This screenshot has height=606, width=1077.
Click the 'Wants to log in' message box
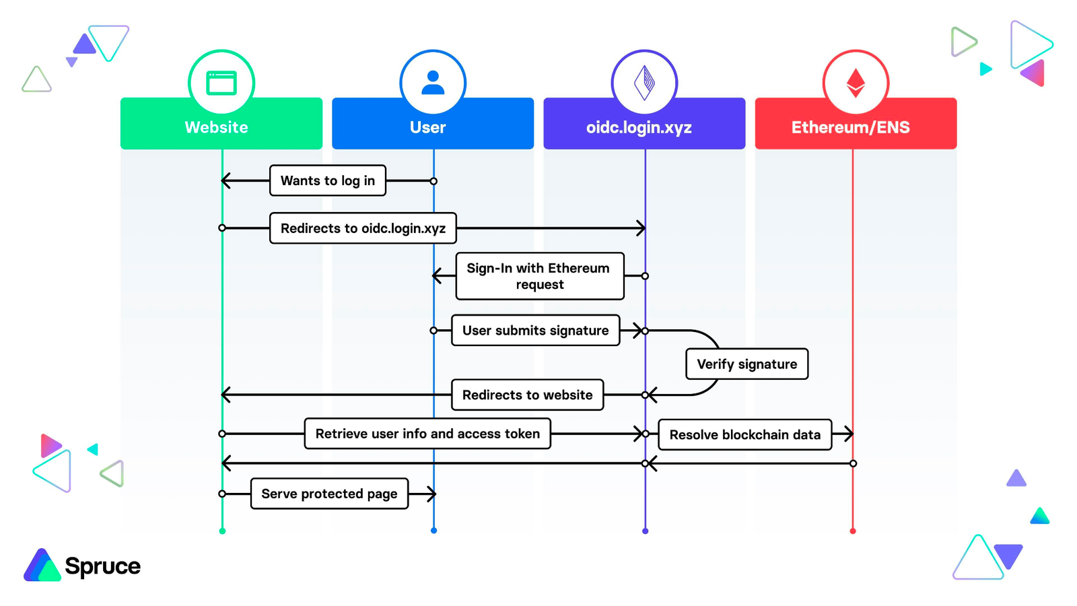[x=327, y=180]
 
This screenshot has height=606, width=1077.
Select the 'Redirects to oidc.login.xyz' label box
[x=363, y=228]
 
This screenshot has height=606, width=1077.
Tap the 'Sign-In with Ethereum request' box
[x=539, y=276]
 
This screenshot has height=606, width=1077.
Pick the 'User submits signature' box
[x=535, y=331]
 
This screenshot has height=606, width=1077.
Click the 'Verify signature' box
[x=746, y=364]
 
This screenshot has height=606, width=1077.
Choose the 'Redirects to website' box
[x=527, y=395]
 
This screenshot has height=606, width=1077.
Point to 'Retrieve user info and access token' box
[x=427, y=434]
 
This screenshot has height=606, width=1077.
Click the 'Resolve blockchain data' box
[x=744, y=435]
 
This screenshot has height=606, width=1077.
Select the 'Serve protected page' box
[x=329, y=494]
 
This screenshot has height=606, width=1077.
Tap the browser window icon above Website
[x=221, y=83]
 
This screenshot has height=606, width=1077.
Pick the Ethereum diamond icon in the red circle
[x=856, y=83]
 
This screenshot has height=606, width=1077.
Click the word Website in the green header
[x=216, y=127]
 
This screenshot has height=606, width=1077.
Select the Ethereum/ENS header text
[x=850, y=127]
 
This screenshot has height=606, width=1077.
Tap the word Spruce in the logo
[x=102, y=566]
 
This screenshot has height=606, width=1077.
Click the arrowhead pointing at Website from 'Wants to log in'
[x=225, y=180]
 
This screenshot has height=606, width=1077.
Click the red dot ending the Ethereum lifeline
[x=853, y=531]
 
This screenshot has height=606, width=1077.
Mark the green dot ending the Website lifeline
[x=222, y=531]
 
